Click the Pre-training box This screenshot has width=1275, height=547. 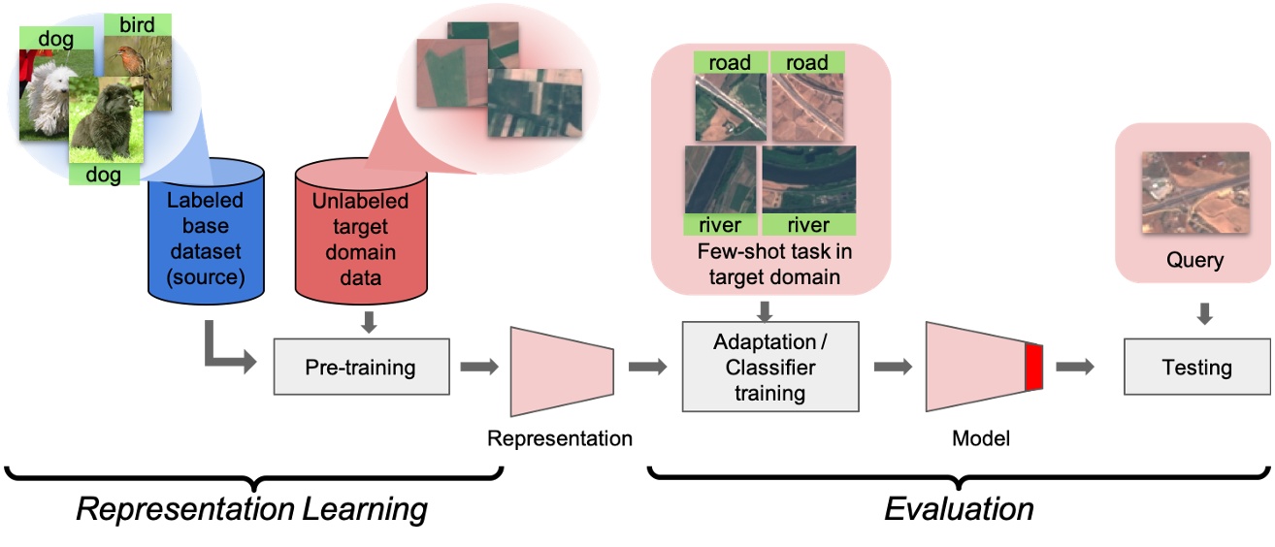pyautogui.click(x=361, y=368)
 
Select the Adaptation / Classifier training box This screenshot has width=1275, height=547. pyautogui.click(x=771, y=368)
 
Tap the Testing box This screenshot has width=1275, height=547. pyautogui.click(x=1196, y=368)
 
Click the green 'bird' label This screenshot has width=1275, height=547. pyautogui.click(x=137, y=24)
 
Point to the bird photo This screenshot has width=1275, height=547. pyautogui.click(x=139, y=68)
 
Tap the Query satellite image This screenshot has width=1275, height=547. pyautogui.click(x=1193, y=190)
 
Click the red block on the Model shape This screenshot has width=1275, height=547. pyautogui.click(x=1033, y=368)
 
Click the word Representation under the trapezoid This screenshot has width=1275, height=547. pyautogui.click(x=560, y=438)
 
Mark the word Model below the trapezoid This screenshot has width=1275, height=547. pyautogui.click(x=981, y=438)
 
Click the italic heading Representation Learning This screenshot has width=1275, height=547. pyautogui.click(x=252, y=509)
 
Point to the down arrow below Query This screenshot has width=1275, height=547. pyautogui.click(x=1203, y=313)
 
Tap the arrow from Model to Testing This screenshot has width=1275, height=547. pyautogui.click(x=1075, y=368)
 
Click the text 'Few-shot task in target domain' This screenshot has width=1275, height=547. pyautogui.click(x=767, y=265)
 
